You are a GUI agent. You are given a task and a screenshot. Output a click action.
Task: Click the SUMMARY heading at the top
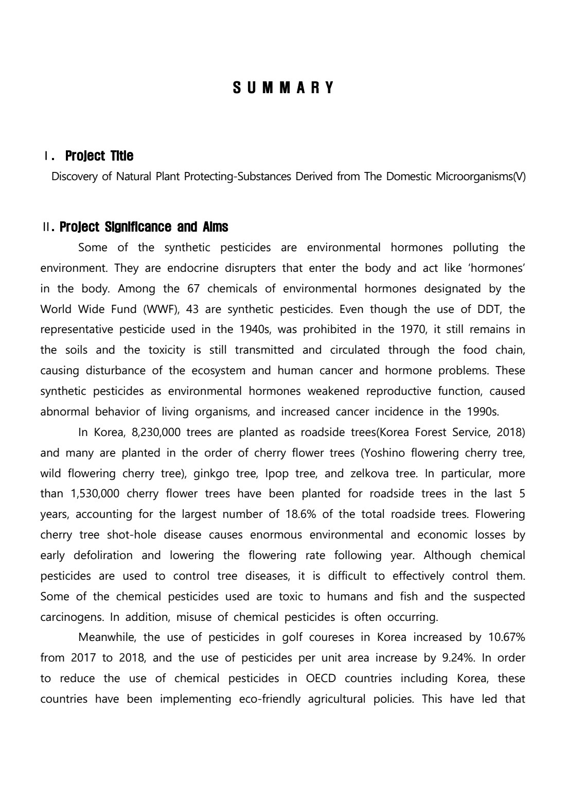(284, 88)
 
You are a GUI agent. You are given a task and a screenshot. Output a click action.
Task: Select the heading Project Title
(99, 156)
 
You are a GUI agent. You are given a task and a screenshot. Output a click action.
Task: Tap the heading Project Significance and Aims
(144, 227)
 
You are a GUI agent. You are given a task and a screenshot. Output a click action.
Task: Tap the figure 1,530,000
(95, 494)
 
